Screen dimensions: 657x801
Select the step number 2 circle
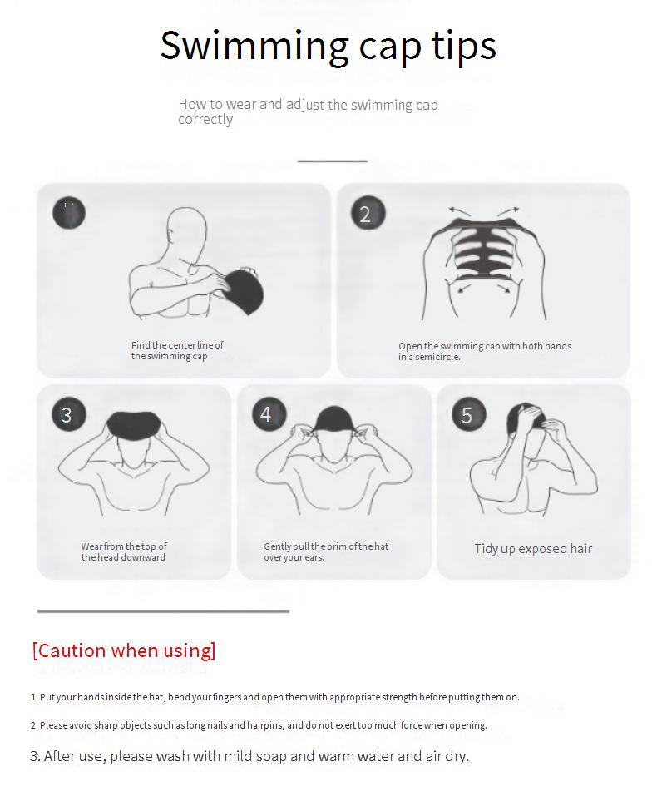[368, 213]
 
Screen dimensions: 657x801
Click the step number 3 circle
[68, 413]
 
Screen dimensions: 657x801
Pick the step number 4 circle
[269, 413]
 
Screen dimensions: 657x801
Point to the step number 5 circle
[468, 414]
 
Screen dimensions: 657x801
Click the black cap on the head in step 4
[333, 419]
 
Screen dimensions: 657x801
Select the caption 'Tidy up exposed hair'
[533, 549]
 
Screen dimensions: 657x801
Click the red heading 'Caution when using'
[124, 650]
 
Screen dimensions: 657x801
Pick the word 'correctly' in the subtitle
[205, 120]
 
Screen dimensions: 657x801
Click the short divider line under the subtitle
[333, 161]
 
